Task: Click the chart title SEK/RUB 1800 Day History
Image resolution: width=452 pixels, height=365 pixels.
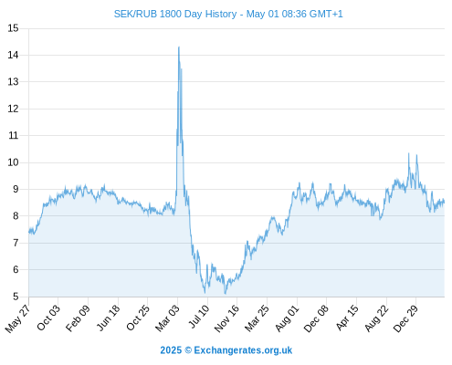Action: [175, 14]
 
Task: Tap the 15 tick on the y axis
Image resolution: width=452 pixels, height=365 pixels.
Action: [13, 28]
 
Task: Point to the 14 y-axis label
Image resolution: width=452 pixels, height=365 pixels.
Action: [13, 55]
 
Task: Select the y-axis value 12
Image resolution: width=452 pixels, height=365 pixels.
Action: [13, 109]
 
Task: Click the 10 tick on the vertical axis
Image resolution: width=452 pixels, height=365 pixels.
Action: [13, 162]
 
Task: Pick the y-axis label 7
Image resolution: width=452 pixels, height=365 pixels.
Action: [16, 243]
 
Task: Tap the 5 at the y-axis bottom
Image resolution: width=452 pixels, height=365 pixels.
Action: [16, 297]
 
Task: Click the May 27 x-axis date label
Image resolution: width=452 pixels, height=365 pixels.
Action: [17, 318]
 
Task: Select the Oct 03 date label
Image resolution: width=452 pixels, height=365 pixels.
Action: [48, 318]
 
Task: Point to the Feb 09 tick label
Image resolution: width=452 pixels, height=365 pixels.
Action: [79, 318]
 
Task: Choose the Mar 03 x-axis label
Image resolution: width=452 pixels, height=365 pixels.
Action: [168, 318]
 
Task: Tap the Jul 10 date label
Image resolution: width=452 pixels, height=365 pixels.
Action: [199, 317]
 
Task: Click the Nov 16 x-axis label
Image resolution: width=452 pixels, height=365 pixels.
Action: [226, 318]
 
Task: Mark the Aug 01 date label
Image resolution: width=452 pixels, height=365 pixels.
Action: [287, 318]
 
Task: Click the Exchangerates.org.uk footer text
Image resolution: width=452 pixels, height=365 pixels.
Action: [243, 350]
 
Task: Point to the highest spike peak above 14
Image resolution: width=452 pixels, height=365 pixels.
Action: [179, 47]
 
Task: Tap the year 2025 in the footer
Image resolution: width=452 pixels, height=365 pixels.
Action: [171, 350]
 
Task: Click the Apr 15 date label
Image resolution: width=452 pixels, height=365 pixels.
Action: [347, 318]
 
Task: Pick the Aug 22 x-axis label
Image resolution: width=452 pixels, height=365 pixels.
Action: [377, 318]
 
